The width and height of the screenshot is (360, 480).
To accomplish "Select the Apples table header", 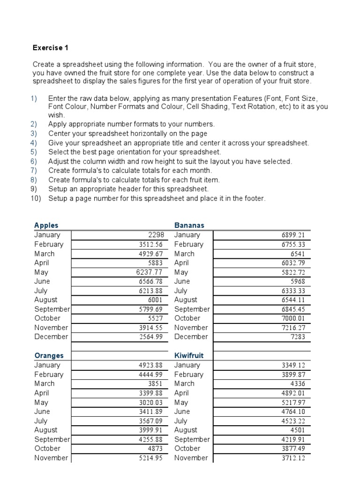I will pyautogui.click(x=46, y=225).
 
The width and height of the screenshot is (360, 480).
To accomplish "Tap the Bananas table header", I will pyautogui.click(x=189, y=225).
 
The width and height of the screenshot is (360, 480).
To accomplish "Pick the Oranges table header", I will pyautogui.click(x=49, y=356).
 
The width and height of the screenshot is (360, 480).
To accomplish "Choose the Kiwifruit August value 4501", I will pyautogui.click(x=297, y=430).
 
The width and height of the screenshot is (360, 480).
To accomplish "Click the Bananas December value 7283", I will pyautogui.click(x=297, y=337).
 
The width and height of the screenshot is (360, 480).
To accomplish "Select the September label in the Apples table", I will pyautogui.click(x=52, y=309).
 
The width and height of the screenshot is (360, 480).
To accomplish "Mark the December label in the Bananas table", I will pyautogui.click(x=191, y=337).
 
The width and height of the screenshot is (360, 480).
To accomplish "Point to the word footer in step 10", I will pyautogui.click(x=254, y=198).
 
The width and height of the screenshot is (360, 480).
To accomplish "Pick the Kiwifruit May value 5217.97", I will pyautogui.click(x=293, y=402).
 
